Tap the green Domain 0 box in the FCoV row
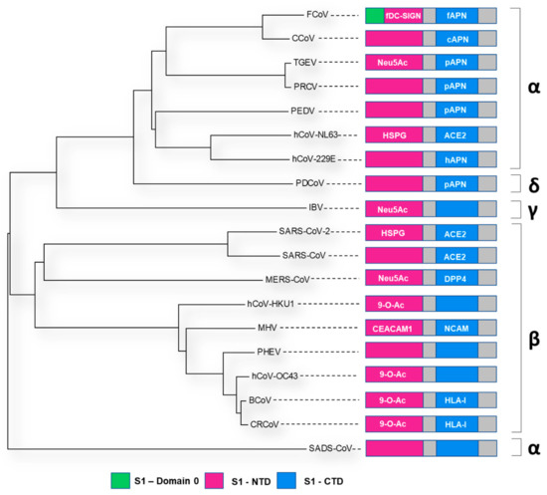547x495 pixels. tap(374, 16)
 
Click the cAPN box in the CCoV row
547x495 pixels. tap(457, 39)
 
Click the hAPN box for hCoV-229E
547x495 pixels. tap(457, 158)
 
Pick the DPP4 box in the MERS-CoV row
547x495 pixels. tap(457, 280)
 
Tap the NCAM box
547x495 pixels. tap(457, 327)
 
